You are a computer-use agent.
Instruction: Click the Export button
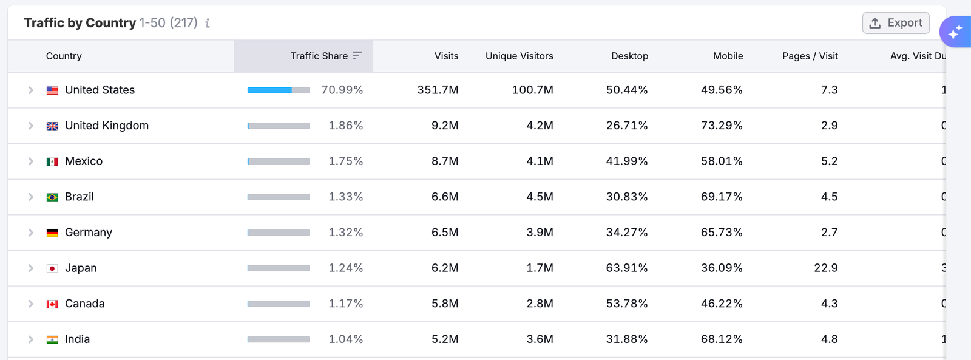tap(896, 23)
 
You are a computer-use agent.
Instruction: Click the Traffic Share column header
tap(319, 56)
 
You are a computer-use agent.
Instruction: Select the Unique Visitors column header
tap(519, 56)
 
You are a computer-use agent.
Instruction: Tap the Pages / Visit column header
tap(810, 56)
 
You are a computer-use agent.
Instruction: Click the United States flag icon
tap(52, 90)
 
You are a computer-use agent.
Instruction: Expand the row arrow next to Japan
tap(30, 268)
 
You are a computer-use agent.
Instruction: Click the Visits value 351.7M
tap(438, 90)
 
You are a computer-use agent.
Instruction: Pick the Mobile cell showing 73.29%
tap(722, 126)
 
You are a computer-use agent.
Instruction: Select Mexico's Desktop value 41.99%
tap(627, 161)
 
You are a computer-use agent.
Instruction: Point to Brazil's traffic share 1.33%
tap(345, 197)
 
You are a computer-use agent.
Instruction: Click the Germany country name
tap(89, 233)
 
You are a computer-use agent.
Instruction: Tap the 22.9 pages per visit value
tap(825, 268)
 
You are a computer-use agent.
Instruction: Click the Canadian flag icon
tap(52, 304)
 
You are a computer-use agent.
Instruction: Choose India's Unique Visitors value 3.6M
tap(540, 339)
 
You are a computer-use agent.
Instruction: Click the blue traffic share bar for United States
tap(270, 90)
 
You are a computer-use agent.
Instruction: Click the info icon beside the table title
tap(208, 23)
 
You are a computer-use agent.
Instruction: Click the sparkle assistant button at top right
tap(955, 32)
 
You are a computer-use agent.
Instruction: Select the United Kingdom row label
tap(107, 126)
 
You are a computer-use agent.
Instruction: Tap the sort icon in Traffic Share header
tap(357, 55)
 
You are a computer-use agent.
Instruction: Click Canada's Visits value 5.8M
tap(445, 304)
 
